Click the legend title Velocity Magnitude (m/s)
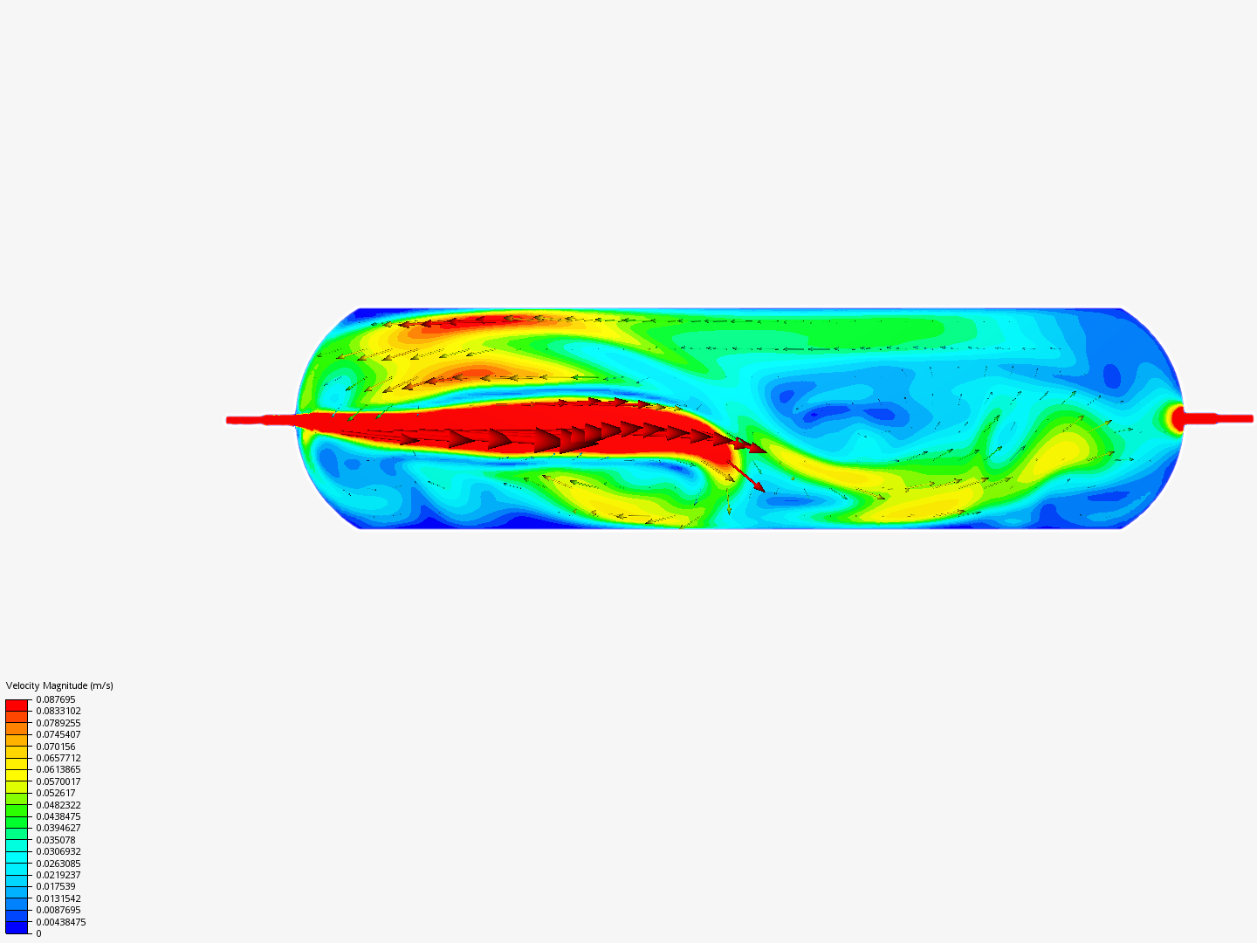(59, 685)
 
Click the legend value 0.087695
(56, 699)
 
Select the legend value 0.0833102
(58, 711)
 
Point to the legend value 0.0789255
(58, 723)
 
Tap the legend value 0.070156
(56, 747)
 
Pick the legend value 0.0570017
(58, 781)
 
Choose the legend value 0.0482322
(58, 805)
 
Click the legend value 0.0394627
(58, 828)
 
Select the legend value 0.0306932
(58, 851)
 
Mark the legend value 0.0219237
(58, 875)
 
